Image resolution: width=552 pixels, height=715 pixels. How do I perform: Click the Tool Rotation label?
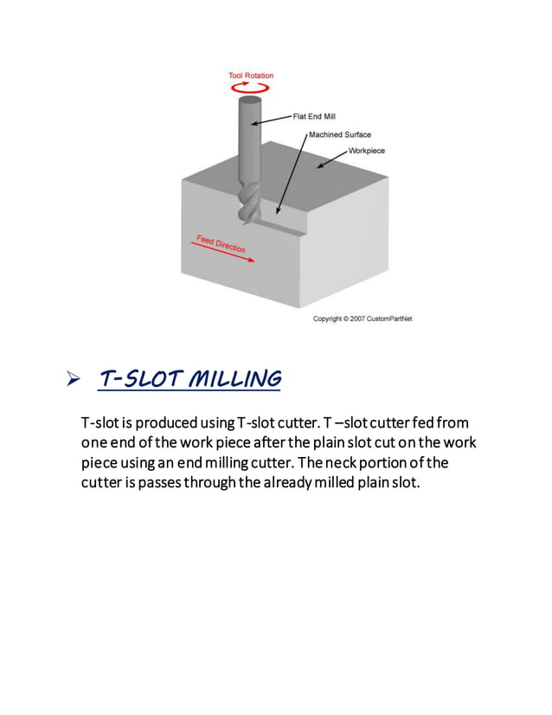pos(251,75)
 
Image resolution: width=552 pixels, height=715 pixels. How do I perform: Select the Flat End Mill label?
pos(314,117)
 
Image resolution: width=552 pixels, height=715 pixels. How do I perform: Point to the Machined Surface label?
pos(340,134)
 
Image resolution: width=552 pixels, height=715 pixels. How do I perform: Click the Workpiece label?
pos(367,151)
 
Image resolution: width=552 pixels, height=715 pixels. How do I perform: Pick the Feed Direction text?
pos(221,243)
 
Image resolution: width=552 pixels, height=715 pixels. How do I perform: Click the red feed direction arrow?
pos(223,252)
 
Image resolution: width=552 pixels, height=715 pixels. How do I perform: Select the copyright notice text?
pos(363,319)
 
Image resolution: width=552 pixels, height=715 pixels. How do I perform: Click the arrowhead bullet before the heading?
pos(73,378)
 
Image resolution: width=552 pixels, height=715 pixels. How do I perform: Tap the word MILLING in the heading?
pos(235,379)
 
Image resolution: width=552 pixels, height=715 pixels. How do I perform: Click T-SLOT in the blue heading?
pos(140,379)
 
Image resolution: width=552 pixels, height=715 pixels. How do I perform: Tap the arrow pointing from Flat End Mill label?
pos(271,120)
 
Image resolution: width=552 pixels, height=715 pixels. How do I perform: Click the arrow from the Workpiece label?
pos(332,159)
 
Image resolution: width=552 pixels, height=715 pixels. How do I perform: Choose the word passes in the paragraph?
pos(159,483)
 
